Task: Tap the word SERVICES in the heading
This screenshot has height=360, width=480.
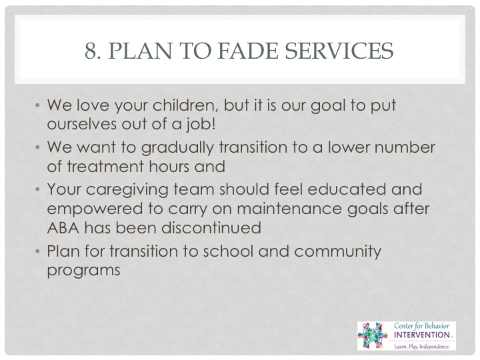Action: [339, 51]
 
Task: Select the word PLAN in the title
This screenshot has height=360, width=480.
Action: [140, 51]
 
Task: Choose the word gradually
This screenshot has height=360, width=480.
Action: [177, 148]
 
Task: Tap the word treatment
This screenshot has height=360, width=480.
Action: [105, 167]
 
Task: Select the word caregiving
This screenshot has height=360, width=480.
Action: [127, 190]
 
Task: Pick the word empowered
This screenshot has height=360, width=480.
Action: [95, 210]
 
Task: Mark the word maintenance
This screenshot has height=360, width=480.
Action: [289, 209]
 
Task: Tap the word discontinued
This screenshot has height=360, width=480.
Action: [211, 228]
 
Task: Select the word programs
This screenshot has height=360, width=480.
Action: [83, 271]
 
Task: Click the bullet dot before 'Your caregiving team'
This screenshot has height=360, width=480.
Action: [37, 189]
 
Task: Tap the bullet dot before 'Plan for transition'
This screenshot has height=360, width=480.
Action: [37, 251]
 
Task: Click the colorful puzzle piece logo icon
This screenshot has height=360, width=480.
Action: [373, 335]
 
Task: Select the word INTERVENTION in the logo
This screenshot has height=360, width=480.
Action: [421, 335]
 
